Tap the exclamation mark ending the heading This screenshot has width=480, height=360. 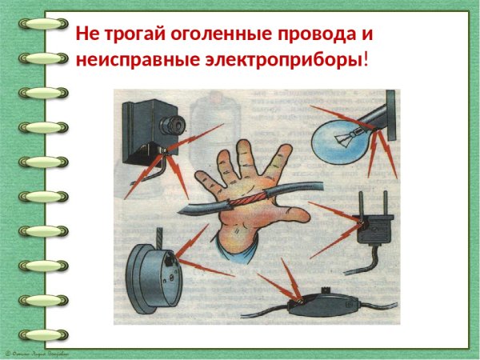point(366,59)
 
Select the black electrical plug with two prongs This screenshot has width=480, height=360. point(371,232)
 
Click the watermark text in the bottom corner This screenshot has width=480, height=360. point(37,353)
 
